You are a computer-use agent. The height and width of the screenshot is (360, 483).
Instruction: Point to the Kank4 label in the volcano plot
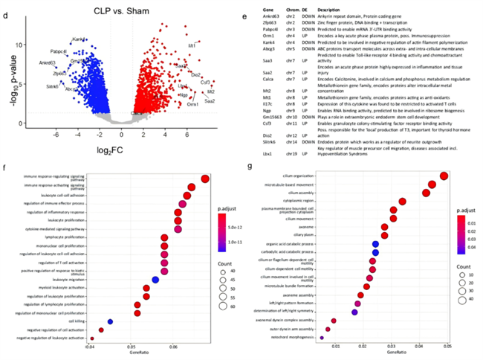coord(78,39)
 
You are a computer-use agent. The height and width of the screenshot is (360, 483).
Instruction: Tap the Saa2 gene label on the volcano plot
coord(210,100)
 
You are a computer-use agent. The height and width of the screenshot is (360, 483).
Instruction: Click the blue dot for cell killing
coord(110,321)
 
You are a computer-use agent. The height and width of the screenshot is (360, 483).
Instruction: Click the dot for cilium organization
coord(444,176)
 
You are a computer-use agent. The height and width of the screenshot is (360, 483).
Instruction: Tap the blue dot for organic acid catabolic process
coord(375,244)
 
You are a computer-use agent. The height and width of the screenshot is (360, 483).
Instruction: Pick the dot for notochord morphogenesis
coord(321,338)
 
